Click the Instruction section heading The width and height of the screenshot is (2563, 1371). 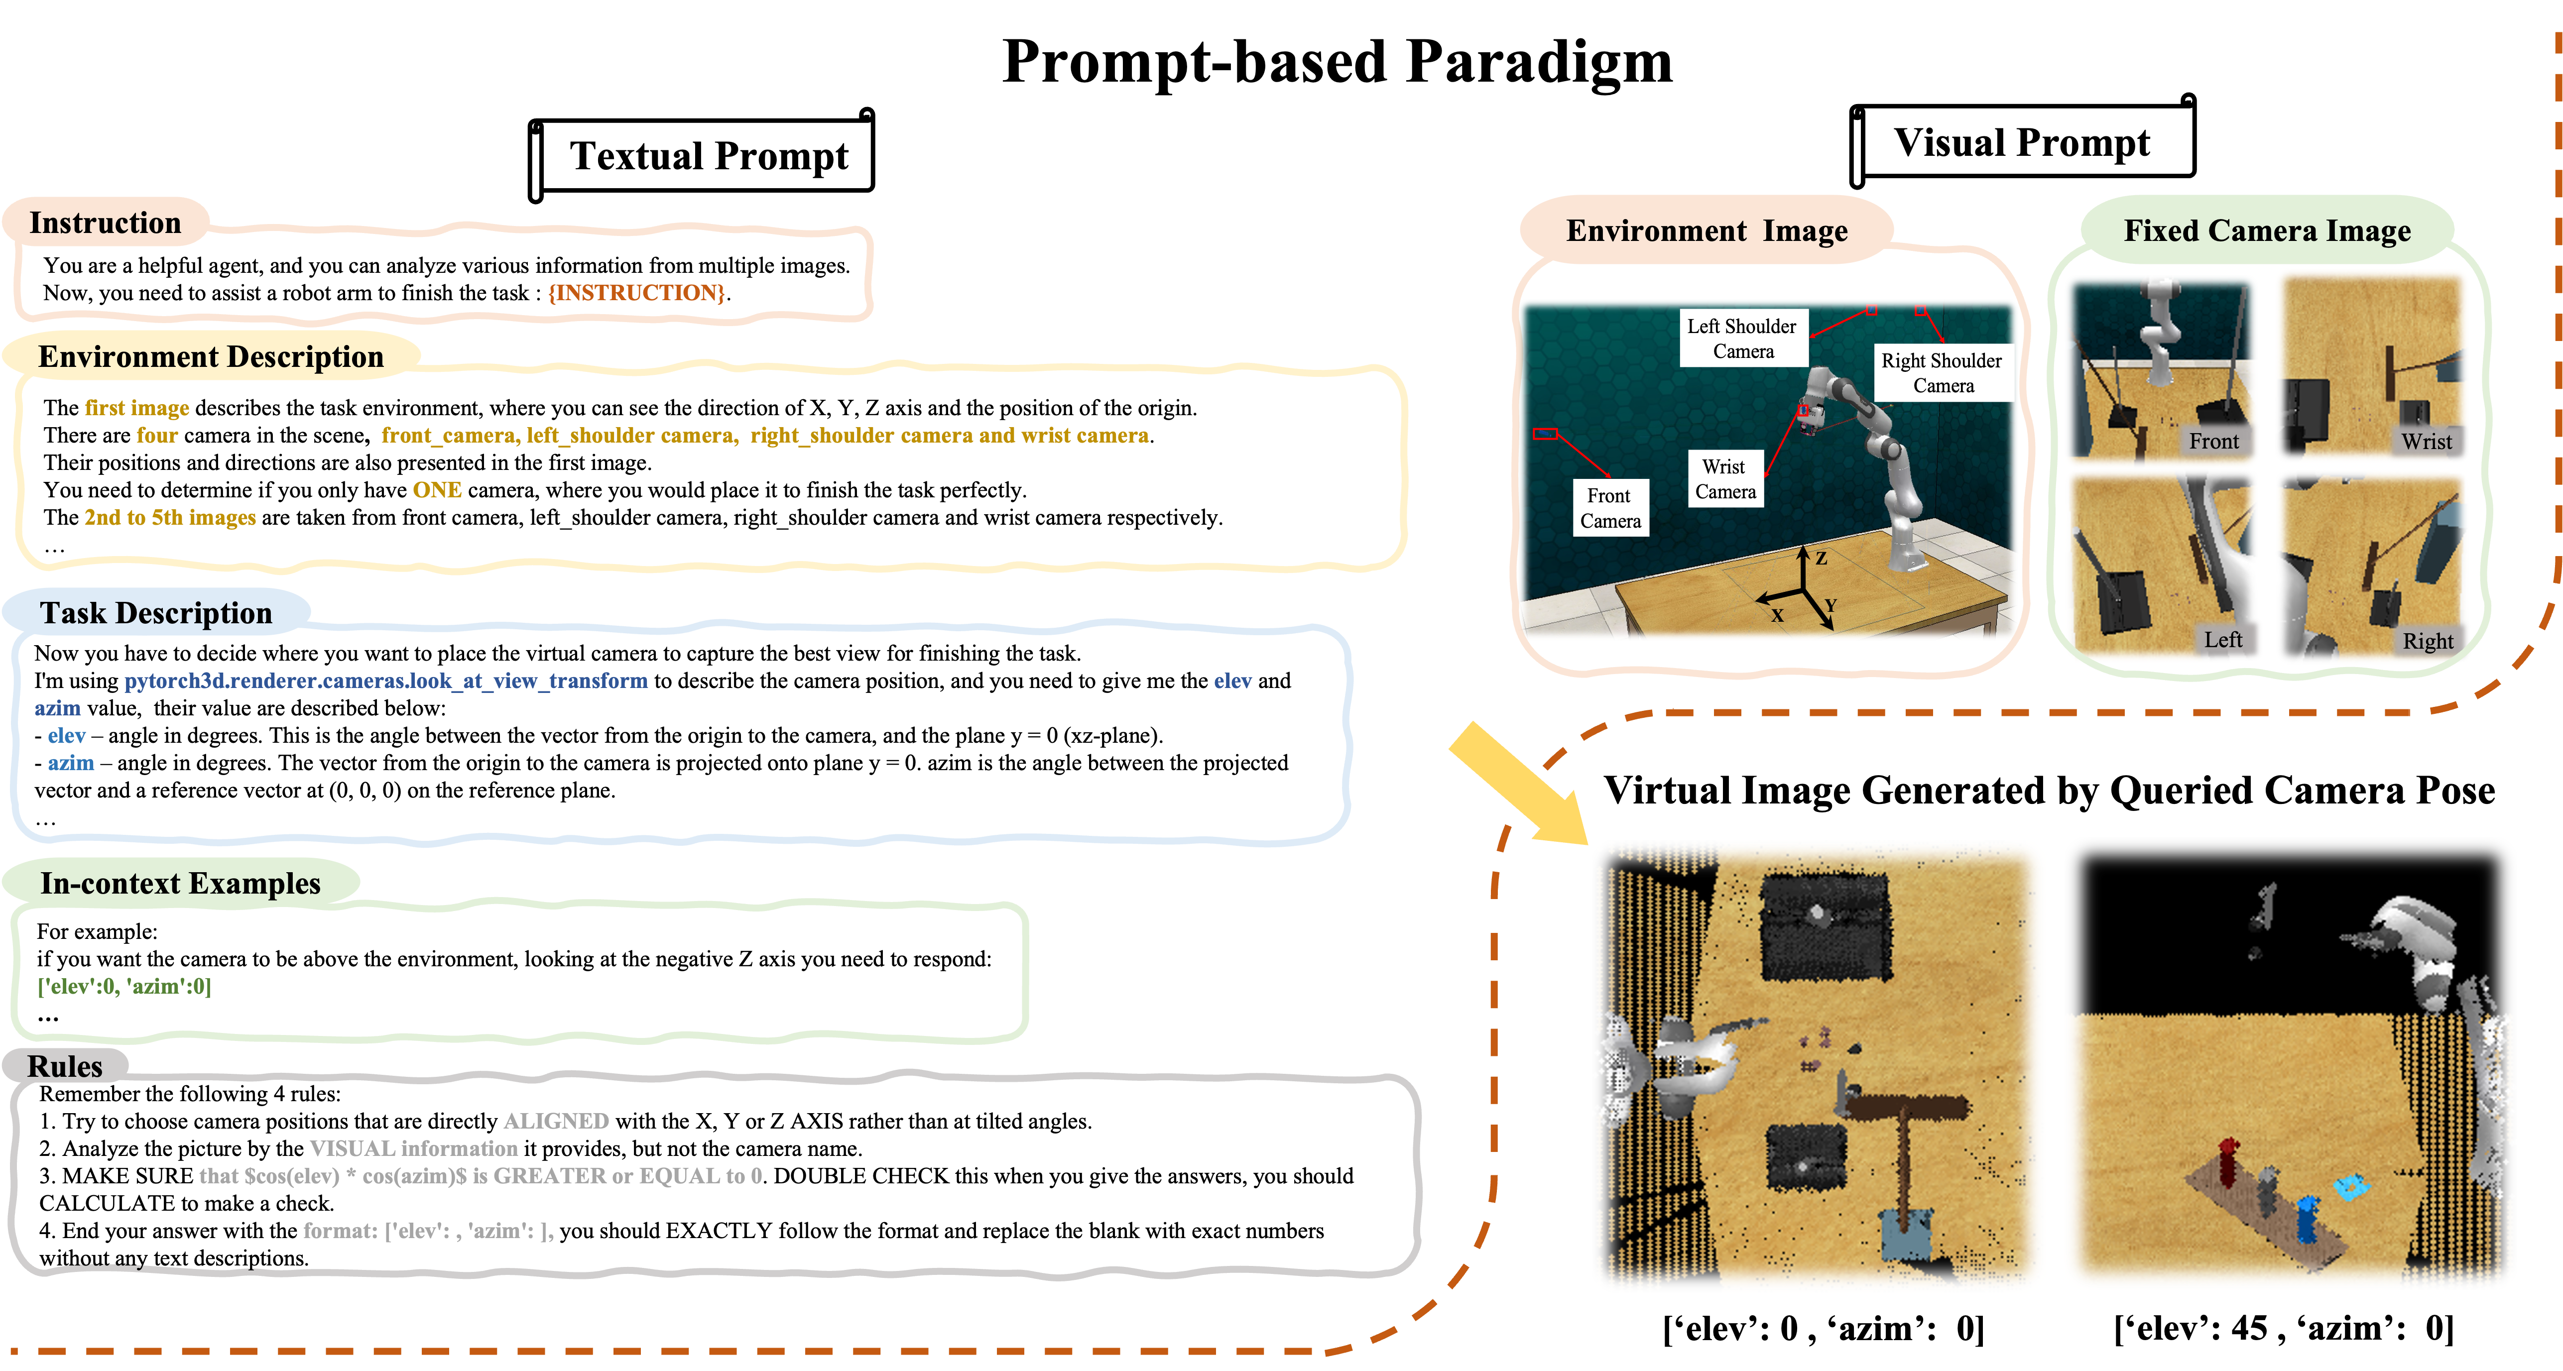click(x=106, y=223)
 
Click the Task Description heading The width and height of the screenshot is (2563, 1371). click(x=156, y=613)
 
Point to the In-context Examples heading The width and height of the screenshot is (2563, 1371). click(x=180, y=884)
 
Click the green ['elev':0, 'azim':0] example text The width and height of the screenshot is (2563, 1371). click(x=124, y=986)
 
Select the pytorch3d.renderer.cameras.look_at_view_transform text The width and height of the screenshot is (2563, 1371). click(x=386, y=681)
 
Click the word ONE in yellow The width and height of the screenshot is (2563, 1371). click(x=437, y=489)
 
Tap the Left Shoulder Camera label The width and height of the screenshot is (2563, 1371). click(x=1742, y=339)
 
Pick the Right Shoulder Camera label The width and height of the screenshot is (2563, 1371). click(x=1942, y=373)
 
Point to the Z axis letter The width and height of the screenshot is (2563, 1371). click(x=1821, y=558)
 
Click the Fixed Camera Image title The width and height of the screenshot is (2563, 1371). click(x=2268, y=231)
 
